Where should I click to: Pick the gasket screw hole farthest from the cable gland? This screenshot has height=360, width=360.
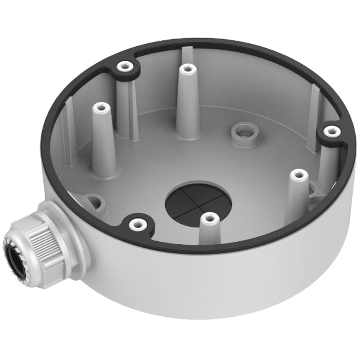pos(332,131)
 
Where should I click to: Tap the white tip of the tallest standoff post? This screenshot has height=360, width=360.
pos(186,69)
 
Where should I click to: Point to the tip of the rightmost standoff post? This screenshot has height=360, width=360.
pos(296,174)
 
